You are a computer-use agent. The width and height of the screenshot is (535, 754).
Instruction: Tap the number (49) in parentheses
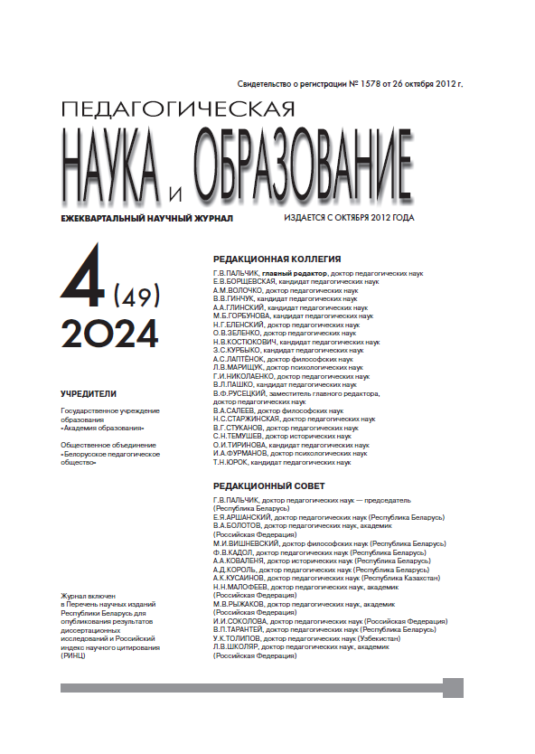point(137,294)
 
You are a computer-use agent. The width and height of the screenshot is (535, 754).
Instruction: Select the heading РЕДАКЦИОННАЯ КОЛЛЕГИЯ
point(277,258)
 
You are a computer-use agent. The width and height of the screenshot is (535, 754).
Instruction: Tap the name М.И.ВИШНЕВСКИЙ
point(246,543)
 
